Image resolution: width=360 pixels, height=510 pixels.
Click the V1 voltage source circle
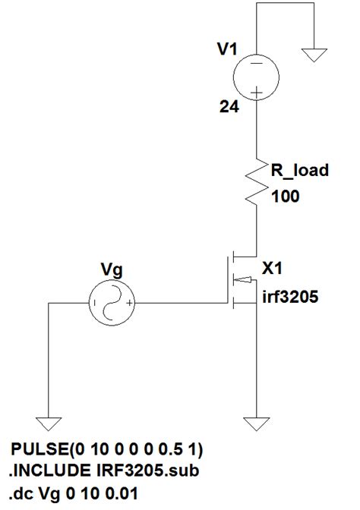(x=258, y=77)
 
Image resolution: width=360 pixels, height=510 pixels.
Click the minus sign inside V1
(x=258, y=65)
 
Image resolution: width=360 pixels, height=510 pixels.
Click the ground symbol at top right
(x=312, y=55)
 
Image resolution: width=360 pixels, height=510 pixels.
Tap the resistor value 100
(x=285, y=197)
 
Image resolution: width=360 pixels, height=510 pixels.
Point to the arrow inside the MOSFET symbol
(x=243, y=280)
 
